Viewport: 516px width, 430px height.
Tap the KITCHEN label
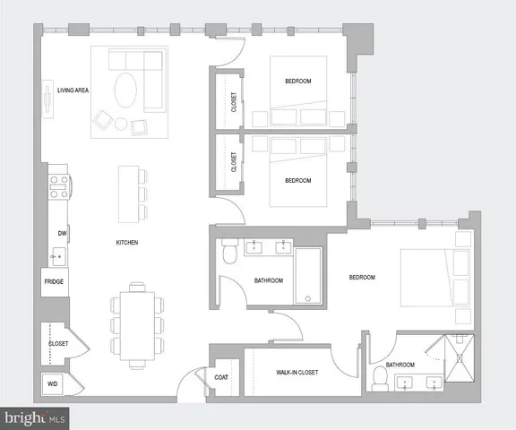click(x=125, y=243)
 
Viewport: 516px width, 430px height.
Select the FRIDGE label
click(x=54, y=282)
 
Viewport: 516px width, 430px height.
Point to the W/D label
click(x=52, y=384)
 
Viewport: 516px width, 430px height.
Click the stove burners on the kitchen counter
click(x=59, y=186)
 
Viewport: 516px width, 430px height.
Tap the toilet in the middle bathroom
click(x=228, y=254)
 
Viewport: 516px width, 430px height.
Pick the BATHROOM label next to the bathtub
click(x=269, y=280)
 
